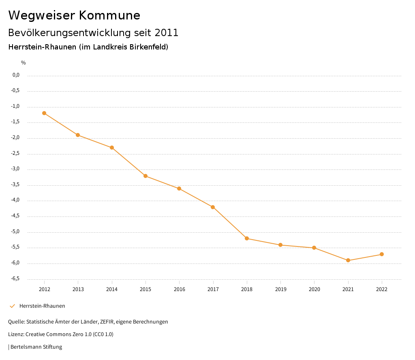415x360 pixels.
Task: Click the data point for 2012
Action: coord(44,113)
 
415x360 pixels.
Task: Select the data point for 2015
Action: coord(145,176)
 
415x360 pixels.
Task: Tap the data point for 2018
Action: coord(247,238)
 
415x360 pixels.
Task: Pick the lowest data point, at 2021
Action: coord(348,260)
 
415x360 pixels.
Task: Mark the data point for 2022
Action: coord(382,254)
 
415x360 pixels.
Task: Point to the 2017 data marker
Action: coord(213,207)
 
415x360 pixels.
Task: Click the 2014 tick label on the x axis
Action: coord(112,289)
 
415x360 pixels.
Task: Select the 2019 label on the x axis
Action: coord(280,289)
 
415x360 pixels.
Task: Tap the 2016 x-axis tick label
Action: coord(179,289)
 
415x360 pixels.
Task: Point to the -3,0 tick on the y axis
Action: coord(16,169)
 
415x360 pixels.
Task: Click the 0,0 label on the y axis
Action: coord(16,75)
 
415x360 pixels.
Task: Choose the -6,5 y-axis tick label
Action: coord(16,279)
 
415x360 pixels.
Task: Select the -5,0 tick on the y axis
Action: coord(16,232)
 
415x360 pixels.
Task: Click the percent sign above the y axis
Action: coord(24,63)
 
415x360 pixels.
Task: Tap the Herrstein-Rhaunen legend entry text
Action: coord(42,306)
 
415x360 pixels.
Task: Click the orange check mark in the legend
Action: coord(12,306)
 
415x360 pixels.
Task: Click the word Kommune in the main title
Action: coord(109,15)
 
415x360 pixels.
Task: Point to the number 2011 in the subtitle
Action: coord(166,33)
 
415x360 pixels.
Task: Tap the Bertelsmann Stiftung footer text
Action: coord(36,347)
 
